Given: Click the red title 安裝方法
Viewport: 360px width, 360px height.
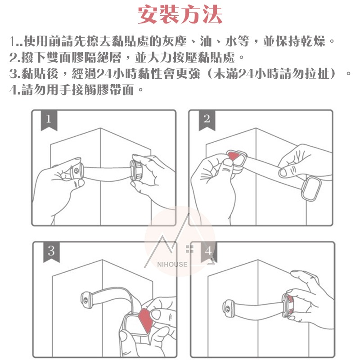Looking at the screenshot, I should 180,15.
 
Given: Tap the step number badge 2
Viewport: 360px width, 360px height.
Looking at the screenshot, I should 207,120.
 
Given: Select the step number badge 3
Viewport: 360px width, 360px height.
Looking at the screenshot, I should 51,251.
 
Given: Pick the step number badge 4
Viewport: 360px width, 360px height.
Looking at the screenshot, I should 208,251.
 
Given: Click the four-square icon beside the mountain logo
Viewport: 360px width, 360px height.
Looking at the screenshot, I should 189,249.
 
